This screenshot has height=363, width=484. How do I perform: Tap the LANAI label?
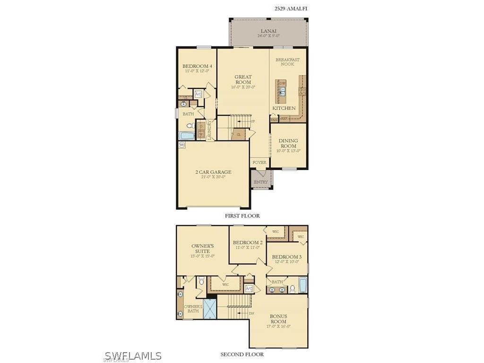tap(268, 30)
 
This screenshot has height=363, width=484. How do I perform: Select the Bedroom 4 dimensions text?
tap(197, 71)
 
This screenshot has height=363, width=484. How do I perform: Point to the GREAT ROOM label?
tap(243, 79)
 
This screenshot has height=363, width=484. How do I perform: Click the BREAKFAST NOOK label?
tap(287, 62)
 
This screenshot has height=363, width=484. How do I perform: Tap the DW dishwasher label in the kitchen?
tap(283, 84)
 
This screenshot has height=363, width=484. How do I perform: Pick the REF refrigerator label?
tap(284, 119)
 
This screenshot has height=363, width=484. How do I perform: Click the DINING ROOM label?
tap(288, 143)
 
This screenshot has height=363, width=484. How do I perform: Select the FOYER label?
tap(259, 163)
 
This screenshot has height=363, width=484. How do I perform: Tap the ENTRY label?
tap(260, 182)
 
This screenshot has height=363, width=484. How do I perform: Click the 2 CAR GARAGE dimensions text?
tap(213, 177)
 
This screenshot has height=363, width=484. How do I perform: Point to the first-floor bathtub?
tap(187, 136)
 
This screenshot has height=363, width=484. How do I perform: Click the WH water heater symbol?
tap(182, 146)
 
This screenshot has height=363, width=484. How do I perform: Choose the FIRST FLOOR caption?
tap(242, 216)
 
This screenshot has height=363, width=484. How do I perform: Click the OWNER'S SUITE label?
tap(202, 249)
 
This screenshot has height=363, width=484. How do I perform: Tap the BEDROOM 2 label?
tap(248, 243)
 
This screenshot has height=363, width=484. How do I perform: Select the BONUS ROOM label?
tap(278, 319)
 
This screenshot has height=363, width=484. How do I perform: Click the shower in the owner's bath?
tap(209, 309)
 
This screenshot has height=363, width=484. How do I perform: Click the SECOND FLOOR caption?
tap(242, 354)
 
